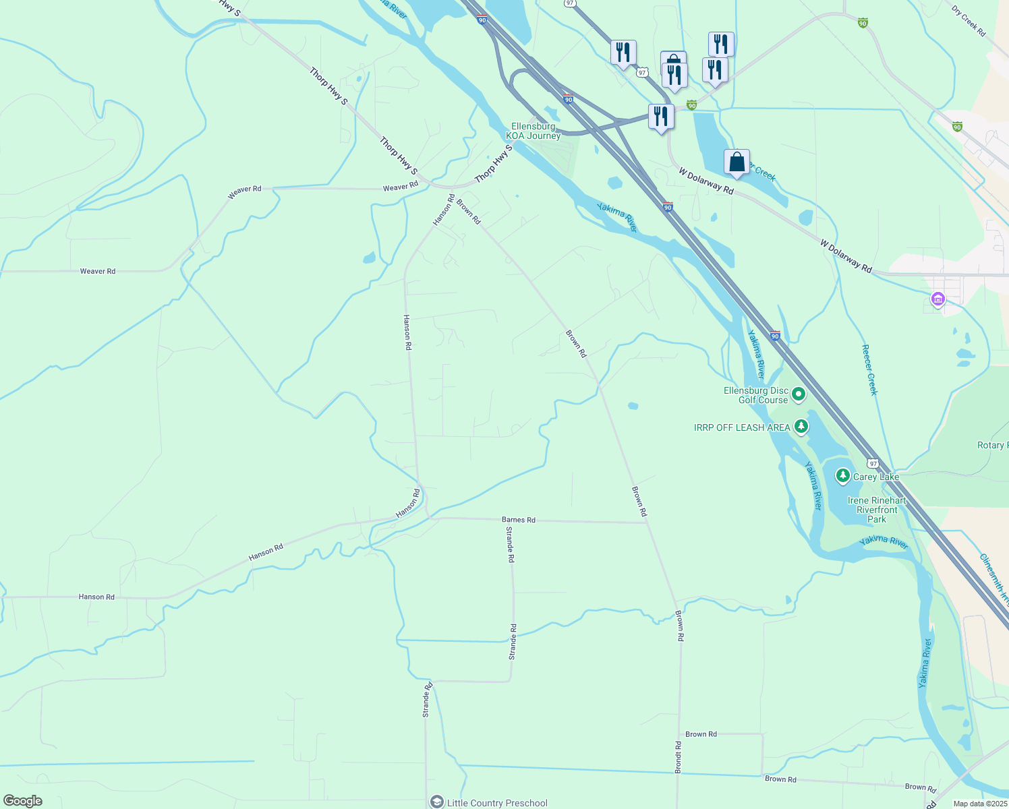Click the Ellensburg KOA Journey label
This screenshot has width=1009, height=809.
coord(533,131)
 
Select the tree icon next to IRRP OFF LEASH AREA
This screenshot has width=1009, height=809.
coord(801,426)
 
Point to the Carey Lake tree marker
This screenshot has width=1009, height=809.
coord(842,476)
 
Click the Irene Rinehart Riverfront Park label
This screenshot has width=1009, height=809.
coord(877,510)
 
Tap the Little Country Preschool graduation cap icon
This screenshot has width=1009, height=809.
coord(437,802)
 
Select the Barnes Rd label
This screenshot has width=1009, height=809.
coord(518,520)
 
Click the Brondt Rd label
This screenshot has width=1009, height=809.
coord(678,757)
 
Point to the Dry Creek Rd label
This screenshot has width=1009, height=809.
coord(969,21)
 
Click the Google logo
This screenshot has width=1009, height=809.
coord(23,801)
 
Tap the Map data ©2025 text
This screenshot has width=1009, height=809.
coord(980,804)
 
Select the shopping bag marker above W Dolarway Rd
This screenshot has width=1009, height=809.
coord(737,162)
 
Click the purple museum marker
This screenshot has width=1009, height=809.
coord(938,299)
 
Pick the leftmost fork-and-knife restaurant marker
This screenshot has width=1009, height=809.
coord(623,53)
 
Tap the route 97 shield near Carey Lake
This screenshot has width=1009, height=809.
coord(873,464)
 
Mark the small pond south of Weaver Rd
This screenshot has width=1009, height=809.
coord(369,258)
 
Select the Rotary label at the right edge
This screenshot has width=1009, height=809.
coord(992,446)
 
